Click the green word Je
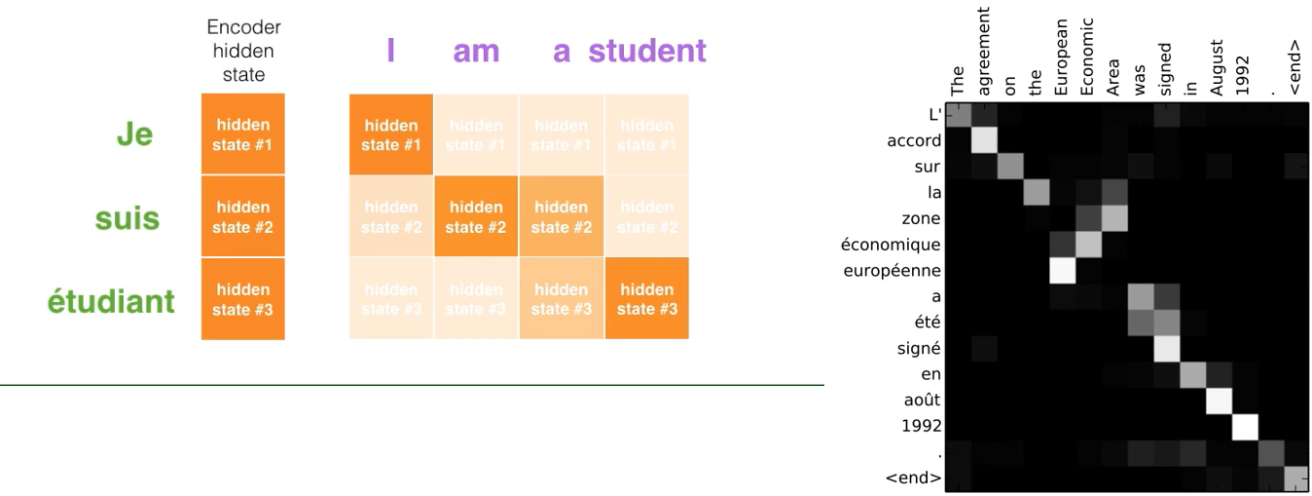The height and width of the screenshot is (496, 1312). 134,134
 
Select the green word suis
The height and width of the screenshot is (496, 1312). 127,217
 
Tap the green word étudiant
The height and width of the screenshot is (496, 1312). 111,301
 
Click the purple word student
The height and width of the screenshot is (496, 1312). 646,51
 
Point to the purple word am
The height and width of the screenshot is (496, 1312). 476,51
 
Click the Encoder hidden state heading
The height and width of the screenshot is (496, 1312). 242,51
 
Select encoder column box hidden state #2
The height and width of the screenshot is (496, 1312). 242,216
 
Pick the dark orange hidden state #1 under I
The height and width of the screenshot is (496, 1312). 391,134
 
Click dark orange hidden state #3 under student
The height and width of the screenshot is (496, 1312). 646,299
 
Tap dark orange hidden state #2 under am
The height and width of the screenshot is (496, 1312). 476,216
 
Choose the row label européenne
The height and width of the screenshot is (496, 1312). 893,270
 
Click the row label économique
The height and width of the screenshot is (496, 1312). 893,244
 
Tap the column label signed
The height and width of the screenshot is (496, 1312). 1165,66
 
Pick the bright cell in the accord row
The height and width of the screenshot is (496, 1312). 985,139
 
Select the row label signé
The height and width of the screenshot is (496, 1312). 920,348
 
